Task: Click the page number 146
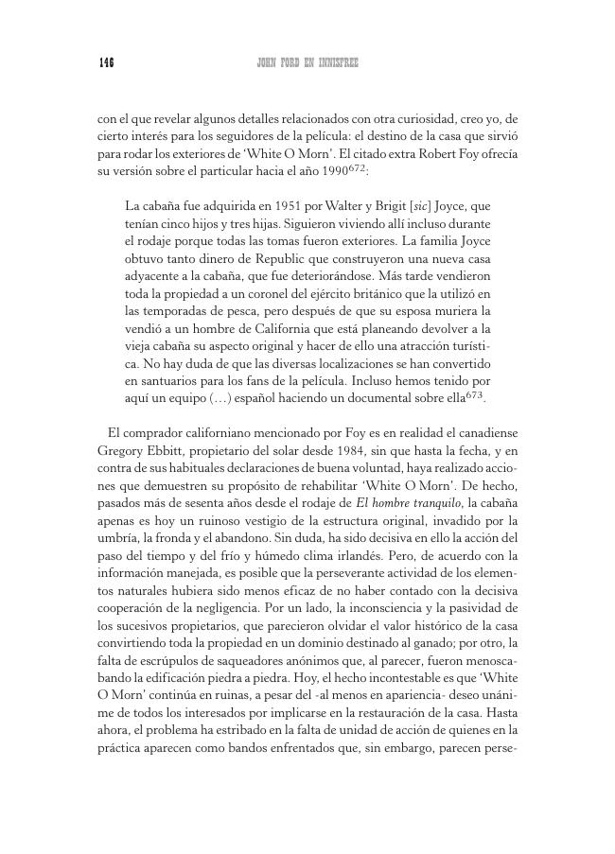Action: pos(106,63)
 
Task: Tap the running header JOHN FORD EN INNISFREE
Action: pos(307,63)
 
